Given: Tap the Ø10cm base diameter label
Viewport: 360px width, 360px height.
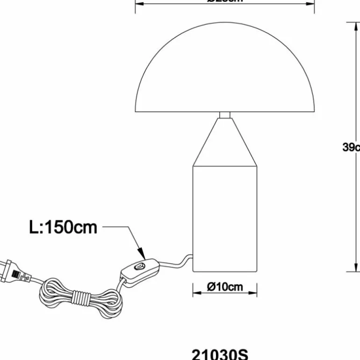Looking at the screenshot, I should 225,287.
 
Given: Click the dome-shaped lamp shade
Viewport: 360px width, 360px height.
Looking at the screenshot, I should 225,75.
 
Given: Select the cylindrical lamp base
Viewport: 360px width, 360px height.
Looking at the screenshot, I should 225,217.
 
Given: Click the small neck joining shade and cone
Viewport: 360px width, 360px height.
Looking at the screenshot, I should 225,115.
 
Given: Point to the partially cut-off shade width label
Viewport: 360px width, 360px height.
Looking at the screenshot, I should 225,1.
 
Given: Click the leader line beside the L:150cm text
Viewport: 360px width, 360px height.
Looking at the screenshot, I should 117,228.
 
